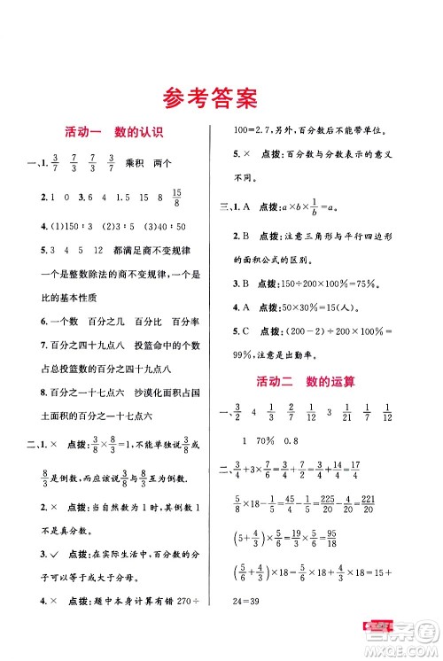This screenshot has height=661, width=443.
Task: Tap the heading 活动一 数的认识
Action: (x=110, y=133)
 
